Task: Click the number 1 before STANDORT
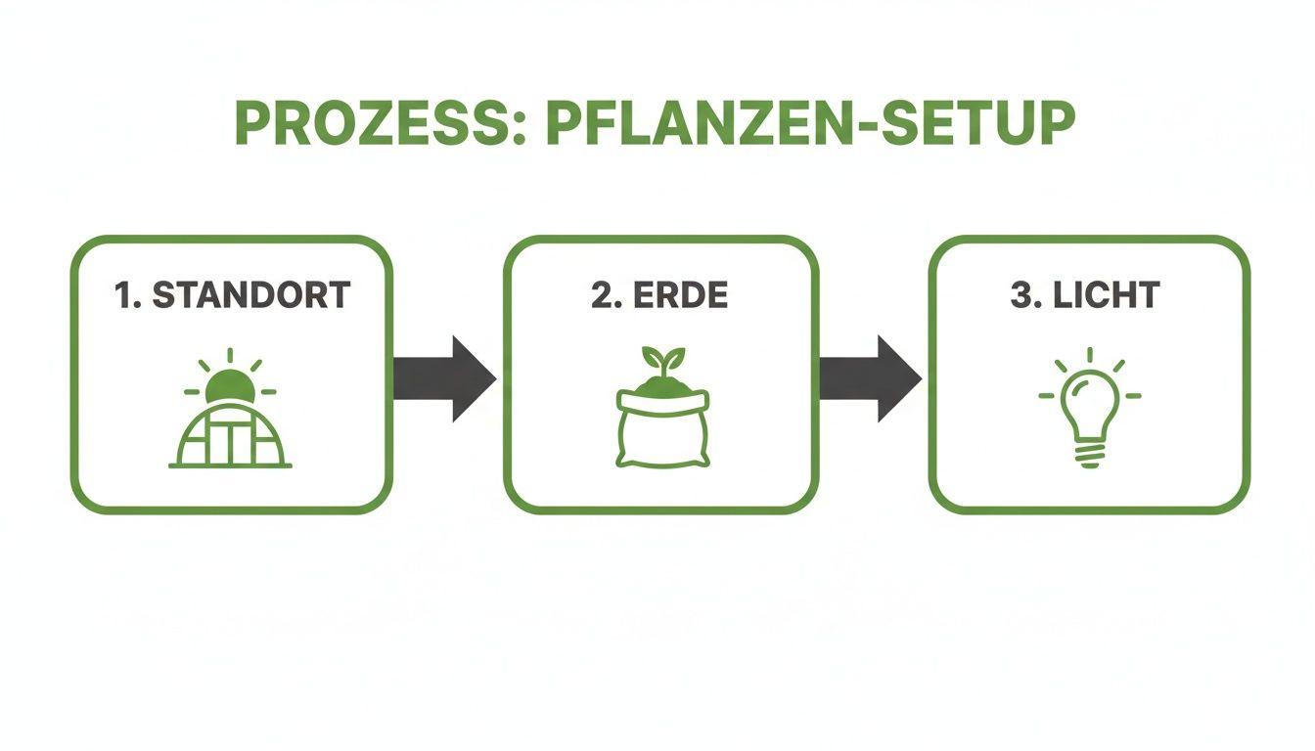pyautogui.click(x=124, y=295)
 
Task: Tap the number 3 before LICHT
pyautogui.click(x=1020, y=295)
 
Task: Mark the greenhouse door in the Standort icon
pyautogui.click(x=231, y=445)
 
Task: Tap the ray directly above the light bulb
pyautogui.click(x=1090, y=355)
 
